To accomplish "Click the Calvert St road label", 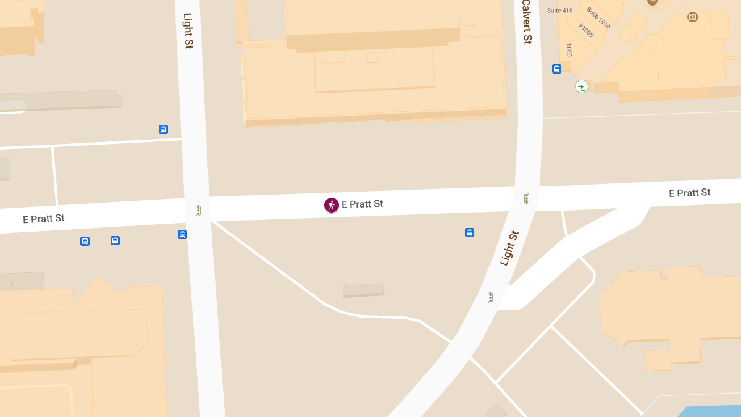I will pos(526,22).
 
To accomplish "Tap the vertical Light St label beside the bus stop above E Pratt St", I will pos(188,30).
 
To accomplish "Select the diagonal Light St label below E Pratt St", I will pos(509,248).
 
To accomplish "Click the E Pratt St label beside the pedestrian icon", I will pos(362,204).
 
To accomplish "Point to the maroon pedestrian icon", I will pos(332,205).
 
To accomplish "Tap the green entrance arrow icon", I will pos(581,86).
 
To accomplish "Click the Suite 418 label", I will pos(560,11).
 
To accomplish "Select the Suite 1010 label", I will pos(598,19).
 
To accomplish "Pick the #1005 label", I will pos(586,30).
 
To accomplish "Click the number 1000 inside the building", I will pos(569,50).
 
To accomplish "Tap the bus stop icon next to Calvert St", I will pos(556,69).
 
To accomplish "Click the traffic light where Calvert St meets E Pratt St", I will pos(527,198).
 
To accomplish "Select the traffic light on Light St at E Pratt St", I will pos(198,211).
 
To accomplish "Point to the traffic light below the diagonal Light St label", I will pos(490,298).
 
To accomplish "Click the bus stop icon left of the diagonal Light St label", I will pos(469,233).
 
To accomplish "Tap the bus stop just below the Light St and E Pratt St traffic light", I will pos(182,234).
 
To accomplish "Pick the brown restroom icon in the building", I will pos(692,17).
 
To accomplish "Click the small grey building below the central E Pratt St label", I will pos(364,290).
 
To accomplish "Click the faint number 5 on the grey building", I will pos(12,285).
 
